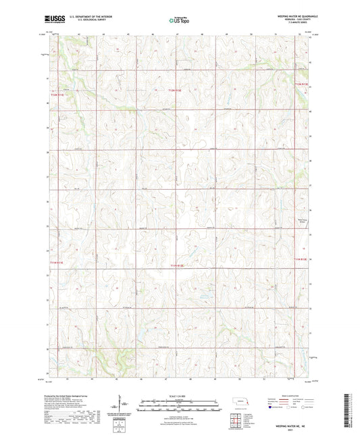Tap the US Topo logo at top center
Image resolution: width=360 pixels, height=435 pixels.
179,20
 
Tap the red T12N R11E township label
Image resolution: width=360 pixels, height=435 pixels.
57,95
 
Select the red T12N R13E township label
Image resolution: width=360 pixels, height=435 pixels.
301,84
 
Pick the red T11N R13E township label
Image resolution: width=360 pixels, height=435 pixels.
301,258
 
